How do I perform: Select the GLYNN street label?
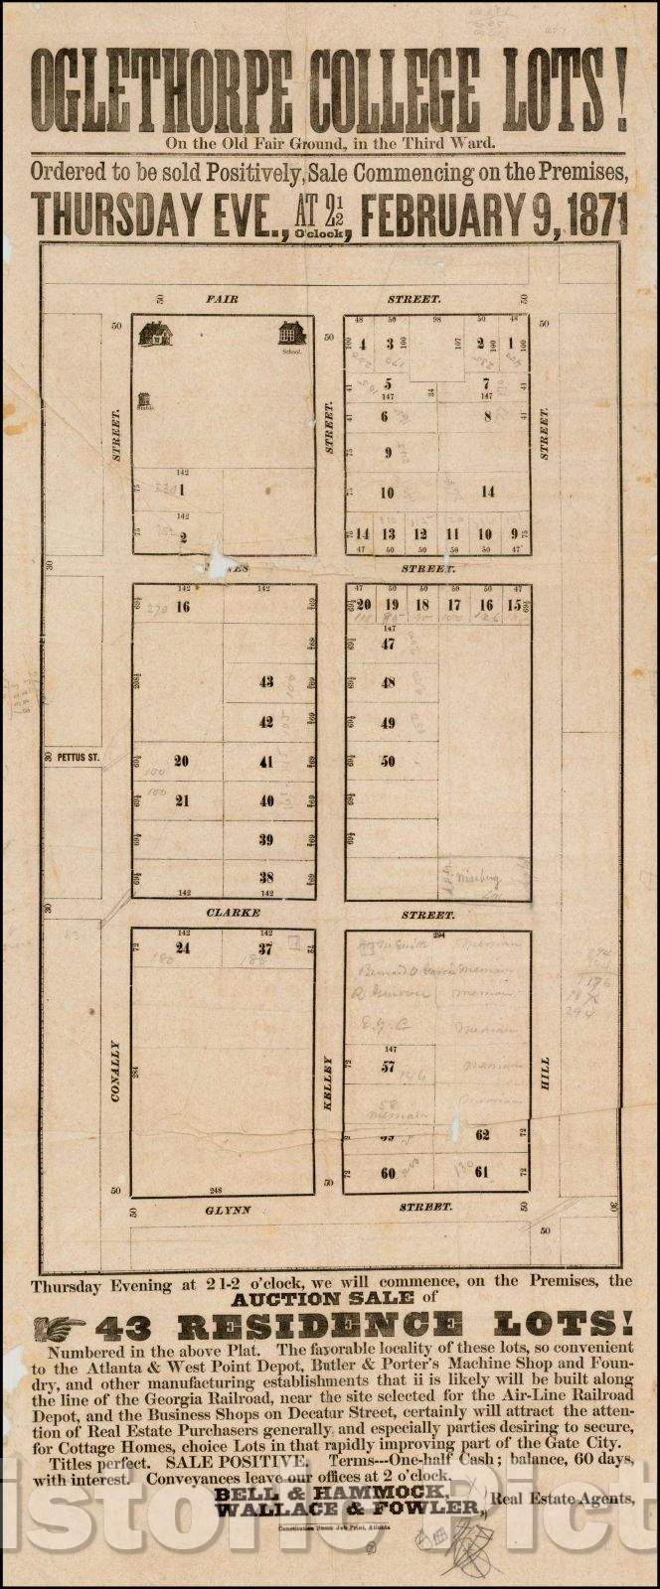click(x=229, y=1210)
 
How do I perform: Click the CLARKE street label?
click(x=234, y=912)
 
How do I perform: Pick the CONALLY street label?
click(x=115, y=1072)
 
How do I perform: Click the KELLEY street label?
click(x=329, y=1082)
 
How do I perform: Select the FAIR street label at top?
click(x=222, y=298)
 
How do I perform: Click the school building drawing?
click(x=291, y=333)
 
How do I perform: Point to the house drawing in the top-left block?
click(x=155, y=334)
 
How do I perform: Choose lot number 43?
click(x=266, y=682)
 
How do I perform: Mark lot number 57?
click(x=388, y=1067)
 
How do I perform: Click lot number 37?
click(x=265, y=947)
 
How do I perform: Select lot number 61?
click(x=482, y=1172)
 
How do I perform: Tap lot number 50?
click(x=388, y=761)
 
